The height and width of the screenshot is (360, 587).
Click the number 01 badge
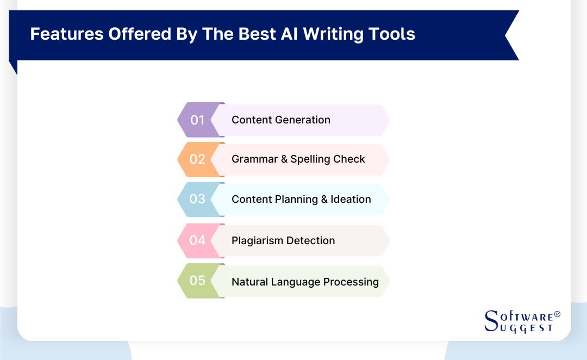tap(197, 120)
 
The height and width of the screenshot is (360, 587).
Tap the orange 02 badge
tap(197, 159)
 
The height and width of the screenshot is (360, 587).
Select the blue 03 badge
tap(197, 199)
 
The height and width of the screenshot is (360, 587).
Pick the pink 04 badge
tap(197, 240)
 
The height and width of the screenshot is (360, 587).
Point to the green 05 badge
tap(197, 281)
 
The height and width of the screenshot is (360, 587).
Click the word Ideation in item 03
tap(351, 199)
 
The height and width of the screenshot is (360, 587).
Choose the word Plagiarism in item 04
tap(257, 240)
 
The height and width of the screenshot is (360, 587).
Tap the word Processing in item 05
tap(351, 282)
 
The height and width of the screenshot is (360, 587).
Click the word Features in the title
tap(66, 34)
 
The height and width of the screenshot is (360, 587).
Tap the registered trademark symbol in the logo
tap(557, 315)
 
